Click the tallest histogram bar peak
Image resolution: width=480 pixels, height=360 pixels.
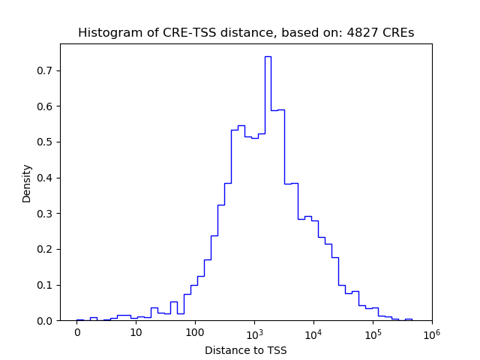[268, 57]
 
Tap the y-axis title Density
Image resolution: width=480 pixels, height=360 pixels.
[27, 183]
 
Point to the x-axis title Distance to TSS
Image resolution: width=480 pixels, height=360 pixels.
[246, 350]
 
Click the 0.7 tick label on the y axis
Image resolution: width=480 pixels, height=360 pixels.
[46, 70]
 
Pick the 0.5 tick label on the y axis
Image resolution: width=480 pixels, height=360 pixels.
[46, 142]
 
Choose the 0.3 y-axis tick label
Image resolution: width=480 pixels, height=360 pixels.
[46, 214]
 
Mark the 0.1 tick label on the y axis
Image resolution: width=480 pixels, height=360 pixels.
[46, 285]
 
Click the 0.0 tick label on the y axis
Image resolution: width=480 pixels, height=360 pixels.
[46, 321]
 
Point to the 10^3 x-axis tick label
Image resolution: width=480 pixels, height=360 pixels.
[254, 332]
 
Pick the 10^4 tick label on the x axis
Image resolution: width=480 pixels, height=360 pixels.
[313, 332]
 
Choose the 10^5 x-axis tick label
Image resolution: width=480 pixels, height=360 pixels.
[373, 332]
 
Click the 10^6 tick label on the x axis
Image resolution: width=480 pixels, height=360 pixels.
[431, 332]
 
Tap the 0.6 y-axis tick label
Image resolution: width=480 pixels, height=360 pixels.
[46, 106]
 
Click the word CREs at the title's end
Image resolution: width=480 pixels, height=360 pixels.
[399, 33]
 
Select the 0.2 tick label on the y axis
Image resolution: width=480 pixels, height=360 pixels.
[46, 249]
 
